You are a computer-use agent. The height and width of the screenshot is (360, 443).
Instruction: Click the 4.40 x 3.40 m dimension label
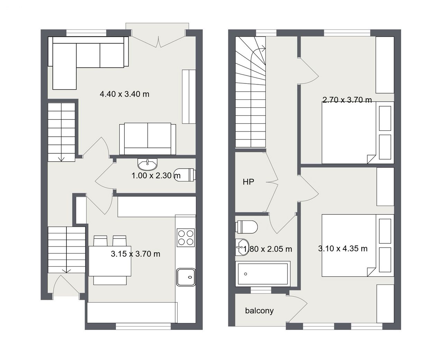click(124, 94)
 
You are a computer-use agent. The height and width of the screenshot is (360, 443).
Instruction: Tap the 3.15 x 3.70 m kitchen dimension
click(135, 254)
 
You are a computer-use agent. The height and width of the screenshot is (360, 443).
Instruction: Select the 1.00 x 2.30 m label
click(156, 176)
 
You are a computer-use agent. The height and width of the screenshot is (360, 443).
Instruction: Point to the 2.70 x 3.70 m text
click(347, 100)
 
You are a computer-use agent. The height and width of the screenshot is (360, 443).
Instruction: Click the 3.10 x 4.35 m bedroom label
click(343, 249)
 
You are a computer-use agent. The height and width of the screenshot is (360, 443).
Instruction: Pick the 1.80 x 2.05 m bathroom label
click(268, 249)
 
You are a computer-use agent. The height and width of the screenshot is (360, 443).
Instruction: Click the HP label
click(248, 182)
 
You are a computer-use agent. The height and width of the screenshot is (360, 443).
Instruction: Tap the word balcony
click(259, 311)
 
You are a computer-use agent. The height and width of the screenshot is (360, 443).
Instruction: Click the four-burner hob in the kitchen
click(186, 238)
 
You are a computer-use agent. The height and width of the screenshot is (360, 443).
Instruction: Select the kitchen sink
click(186, 277)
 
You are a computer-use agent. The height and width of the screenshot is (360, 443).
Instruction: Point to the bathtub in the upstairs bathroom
click(263, 274)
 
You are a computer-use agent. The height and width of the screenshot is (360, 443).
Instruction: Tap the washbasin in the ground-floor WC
click(147, 164)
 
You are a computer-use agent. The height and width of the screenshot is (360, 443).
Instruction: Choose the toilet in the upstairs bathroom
click(246, 227)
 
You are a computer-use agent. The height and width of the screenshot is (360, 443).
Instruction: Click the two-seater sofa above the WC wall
click(148, 139)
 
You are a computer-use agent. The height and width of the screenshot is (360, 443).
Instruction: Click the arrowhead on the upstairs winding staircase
click(264, 49)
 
